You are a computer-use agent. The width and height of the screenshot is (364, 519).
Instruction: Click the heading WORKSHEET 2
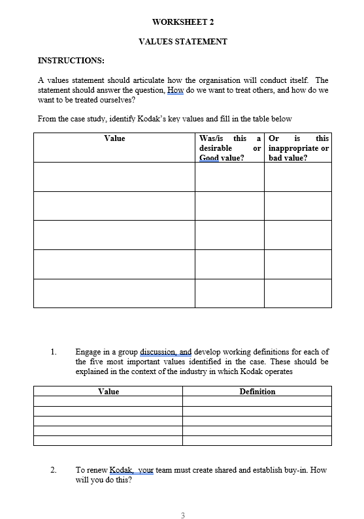tap(182, 22)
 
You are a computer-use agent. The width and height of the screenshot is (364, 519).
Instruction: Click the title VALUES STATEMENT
tap(183, 41)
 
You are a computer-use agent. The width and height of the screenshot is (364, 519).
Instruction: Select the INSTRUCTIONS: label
tap(71, 61)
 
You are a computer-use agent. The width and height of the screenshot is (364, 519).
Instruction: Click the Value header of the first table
tap(114, 138)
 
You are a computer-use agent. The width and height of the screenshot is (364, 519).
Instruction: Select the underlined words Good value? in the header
tap(222, 157)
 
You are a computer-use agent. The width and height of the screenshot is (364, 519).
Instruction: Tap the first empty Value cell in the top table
tap(114, 176)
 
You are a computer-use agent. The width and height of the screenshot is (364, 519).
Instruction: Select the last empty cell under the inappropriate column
tap(297, 293)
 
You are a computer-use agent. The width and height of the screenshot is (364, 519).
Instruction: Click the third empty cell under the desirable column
tap(229, 234)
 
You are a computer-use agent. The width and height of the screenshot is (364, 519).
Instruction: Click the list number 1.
tap(54, 352)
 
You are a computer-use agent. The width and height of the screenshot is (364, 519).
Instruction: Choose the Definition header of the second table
tap(257, 391)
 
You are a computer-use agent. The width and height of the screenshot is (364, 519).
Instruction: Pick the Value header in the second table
tap(108, 391)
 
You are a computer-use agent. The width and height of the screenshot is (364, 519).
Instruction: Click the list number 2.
tap(54, 469)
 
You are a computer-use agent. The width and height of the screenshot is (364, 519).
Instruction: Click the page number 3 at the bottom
tap(182, 516)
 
